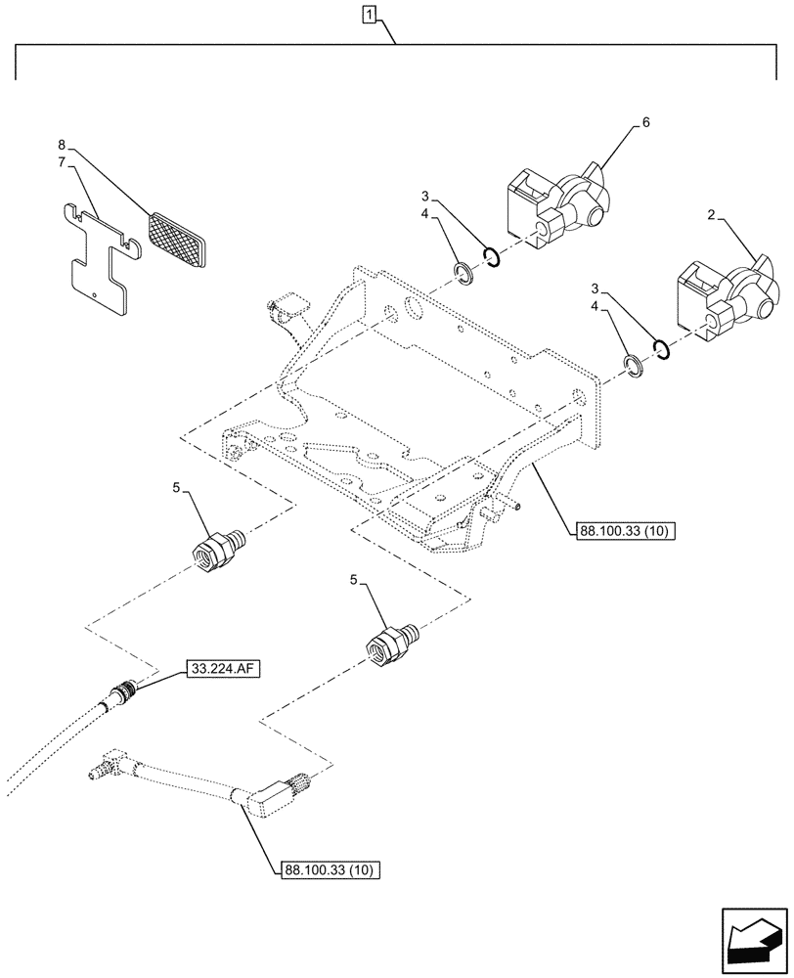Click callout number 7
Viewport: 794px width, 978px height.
(x=63, y=163)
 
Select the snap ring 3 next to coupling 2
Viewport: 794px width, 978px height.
(x=662, y=349)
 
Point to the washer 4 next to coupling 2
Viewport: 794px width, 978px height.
(x=634, y=364)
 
